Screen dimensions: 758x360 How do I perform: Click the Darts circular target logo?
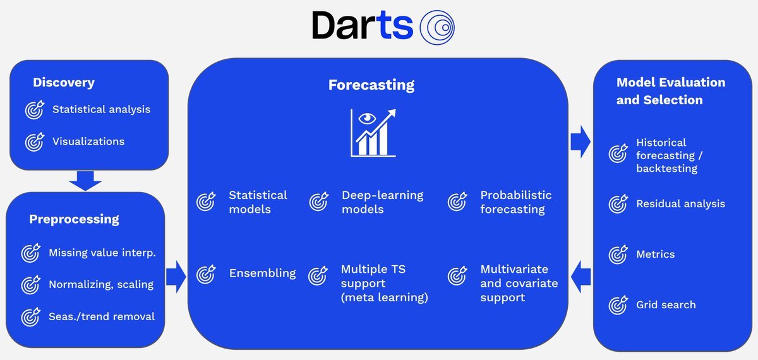[x=437, y=27]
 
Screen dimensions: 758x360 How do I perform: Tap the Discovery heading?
[x=64, y=83]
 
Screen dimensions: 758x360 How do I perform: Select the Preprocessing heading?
[x=74, y=219]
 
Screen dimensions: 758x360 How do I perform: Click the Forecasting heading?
[x=371, y=85]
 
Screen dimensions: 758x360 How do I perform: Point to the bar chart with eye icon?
[x=373, y=133]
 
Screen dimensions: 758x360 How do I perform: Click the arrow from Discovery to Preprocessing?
[x=85, y=181]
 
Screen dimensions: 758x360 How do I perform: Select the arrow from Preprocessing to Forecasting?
[x=176, y=277]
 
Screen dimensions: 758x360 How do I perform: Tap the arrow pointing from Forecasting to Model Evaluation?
[x=581, y=141]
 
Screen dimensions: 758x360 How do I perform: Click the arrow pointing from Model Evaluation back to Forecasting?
[x=581, y=277]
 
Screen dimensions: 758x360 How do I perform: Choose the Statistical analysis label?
[x=101, y=110]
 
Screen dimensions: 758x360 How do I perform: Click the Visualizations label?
[x=88, y=141]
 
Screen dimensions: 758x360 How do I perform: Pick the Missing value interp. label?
[x=102, y=253]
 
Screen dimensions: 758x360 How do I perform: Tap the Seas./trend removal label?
[x=102, y=316]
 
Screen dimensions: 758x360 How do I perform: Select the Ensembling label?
[x=262, y=273]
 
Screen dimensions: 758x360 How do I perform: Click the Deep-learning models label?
[x=382, y=202]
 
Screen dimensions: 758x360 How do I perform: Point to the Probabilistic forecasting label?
[x=515, y=202]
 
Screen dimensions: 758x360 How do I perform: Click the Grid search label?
[x=666, y=305]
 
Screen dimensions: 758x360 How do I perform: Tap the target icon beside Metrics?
[x=618, y=255]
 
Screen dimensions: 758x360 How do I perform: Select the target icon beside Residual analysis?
[x=618, y=204]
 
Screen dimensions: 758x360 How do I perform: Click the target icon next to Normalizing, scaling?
[x=30, y=285]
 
